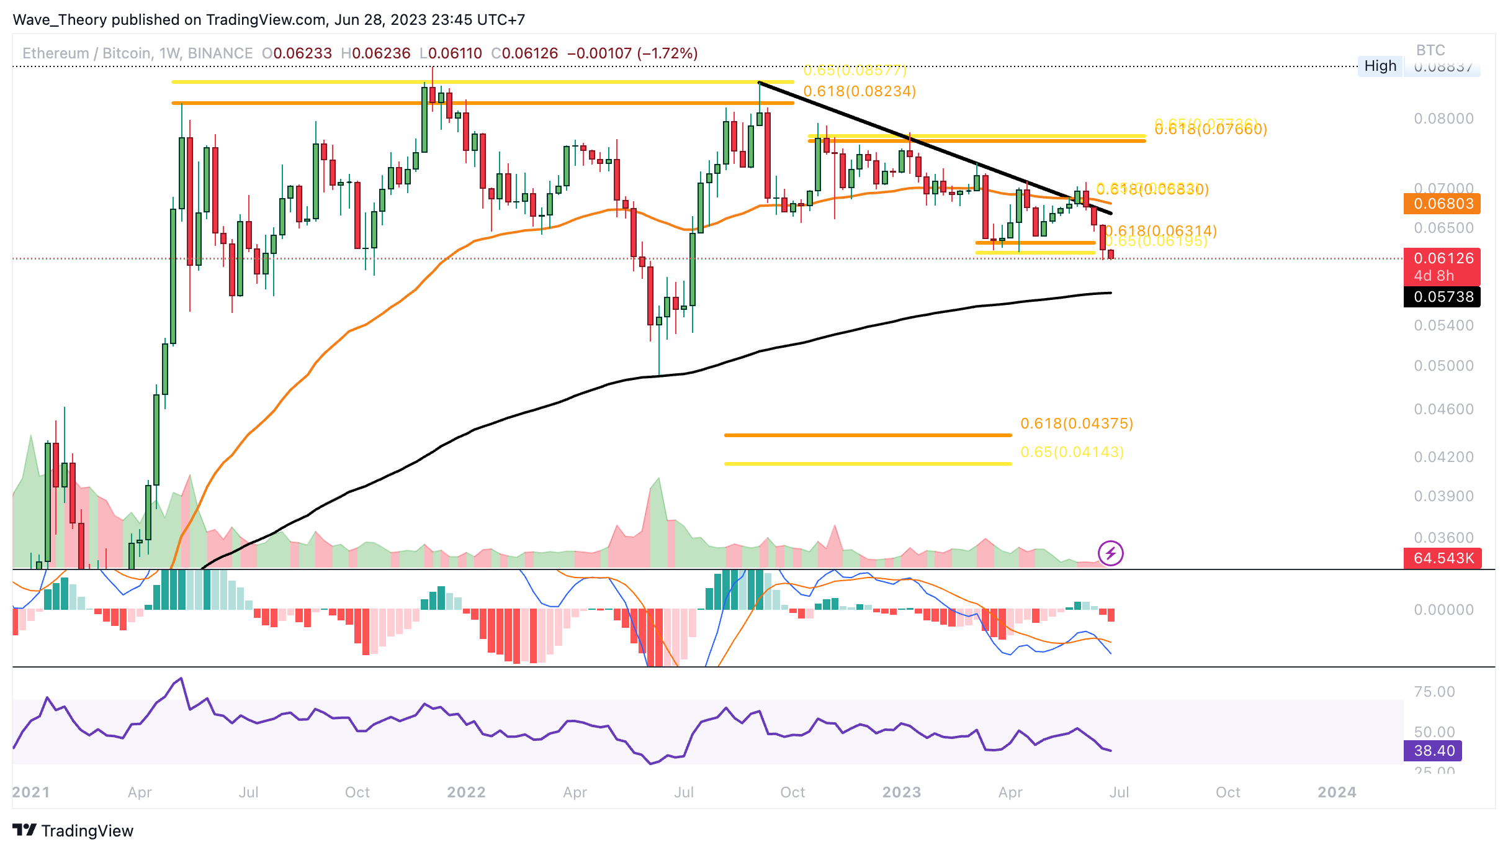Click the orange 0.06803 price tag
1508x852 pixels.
click(1442, 204)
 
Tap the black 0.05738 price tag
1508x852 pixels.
click(1442, 297)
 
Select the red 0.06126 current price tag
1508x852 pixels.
click(1442, 259)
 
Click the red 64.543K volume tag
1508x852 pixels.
click(1442, 558)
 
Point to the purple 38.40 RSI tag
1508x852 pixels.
click(1433, 751)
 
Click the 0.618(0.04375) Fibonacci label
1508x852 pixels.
click(1077, 424)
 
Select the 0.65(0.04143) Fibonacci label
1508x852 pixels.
click(1072, 452)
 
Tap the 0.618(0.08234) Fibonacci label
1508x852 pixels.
click(859, 91)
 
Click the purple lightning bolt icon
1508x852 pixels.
click(1110, 553)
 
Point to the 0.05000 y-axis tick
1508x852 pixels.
click(1443, 366)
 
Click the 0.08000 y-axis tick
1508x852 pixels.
click(1443, 119)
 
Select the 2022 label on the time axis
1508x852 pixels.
click(466, 792)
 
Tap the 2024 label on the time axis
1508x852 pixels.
click(1337, 792)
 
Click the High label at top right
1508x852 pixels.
click(1380, 66)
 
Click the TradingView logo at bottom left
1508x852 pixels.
click(73, 831)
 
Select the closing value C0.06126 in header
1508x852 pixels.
click(525, 53)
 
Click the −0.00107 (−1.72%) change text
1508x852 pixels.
click(632, 53)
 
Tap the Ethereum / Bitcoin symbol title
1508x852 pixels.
click(87, 53)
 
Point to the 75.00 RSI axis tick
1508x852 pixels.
click(1434, 692)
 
